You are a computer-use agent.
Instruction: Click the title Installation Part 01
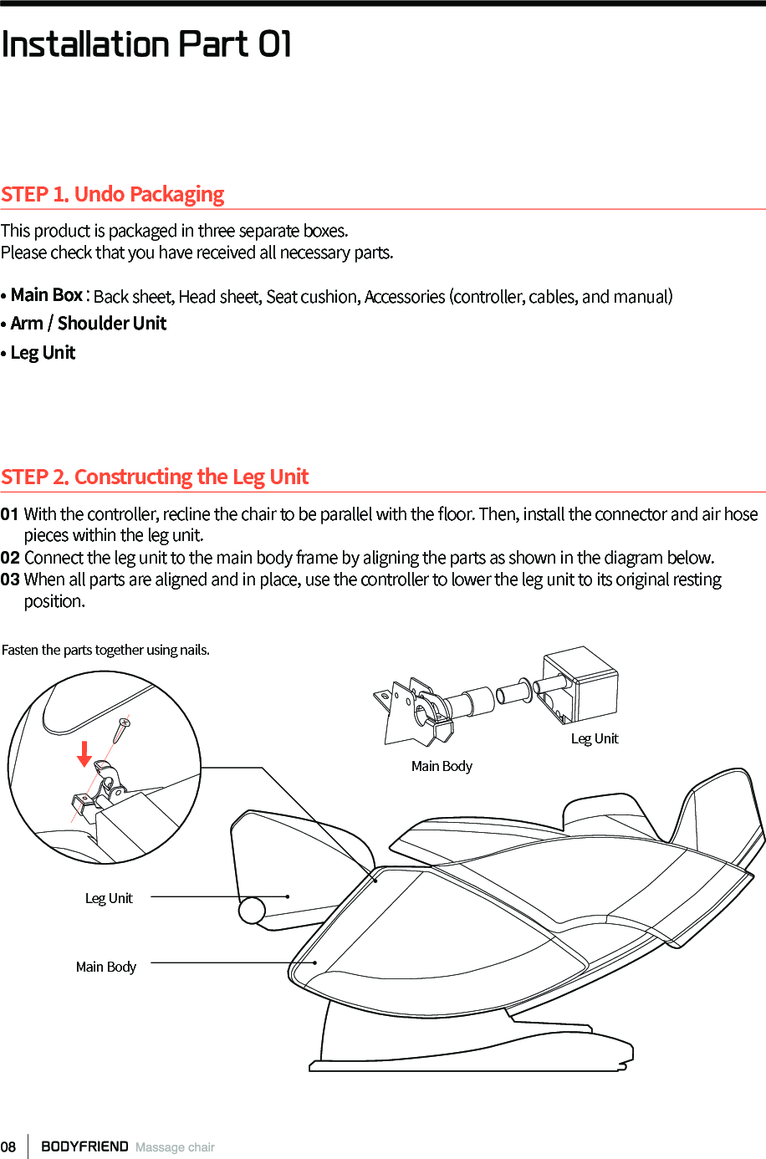[x=146, y=43]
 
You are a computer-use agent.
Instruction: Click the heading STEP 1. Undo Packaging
[x=112, y=194]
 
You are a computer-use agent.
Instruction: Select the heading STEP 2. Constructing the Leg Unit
[x=155, y=477]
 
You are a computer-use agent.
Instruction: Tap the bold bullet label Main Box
[x=47, y=295]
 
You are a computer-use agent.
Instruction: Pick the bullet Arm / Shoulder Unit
[x=88, y=324]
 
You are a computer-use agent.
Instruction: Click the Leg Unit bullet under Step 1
[x=43, y=353]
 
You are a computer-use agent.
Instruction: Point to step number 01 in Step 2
[x=9, y=514]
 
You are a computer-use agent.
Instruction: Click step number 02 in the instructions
[x=9, y=558]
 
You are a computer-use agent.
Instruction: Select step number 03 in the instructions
[x=9, y=579]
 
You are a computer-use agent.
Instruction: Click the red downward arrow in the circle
[x=84, y=753]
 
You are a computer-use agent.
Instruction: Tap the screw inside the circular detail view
[x=121, y=730]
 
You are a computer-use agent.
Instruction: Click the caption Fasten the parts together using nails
[x=105, y=650]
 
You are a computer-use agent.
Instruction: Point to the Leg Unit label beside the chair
[x=109, y=898]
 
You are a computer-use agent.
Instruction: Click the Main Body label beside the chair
[x=106, y=967]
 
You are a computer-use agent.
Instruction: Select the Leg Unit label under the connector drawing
[x=595, y=738]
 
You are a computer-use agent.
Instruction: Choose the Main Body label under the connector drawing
[x=442, y=766]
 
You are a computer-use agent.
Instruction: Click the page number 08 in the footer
[x=8, y=1147]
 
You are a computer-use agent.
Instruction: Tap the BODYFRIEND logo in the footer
[x=84, y=1146]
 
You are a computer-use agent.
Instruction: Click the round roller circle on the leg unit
[x=252, y=910]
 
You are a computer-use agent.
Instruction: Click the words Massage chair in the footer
[x=175, y=1147]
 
